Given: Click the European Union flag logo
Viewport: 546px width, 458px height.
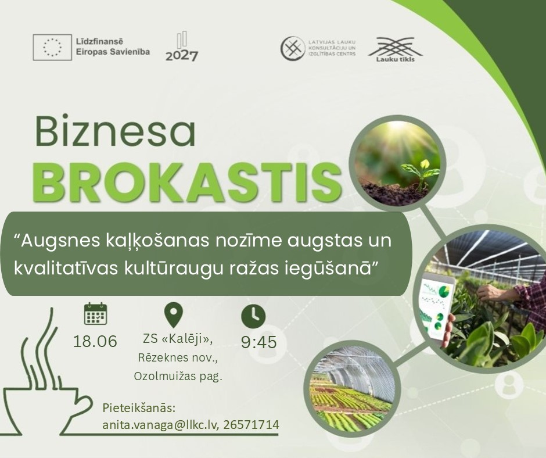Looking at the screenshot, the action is pos(52,48).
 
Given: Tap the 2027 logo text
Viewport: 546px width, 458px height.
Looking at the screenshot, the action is pos(182,56).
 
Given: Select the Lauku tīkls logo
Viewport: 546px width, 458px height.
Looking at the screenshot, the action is pos(395,49).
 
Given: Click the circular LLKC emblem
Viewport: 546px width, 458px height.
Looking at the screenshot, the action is pos(293,48).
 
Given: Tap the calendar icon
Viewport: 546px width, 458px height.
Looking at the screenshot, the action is pos(95,314).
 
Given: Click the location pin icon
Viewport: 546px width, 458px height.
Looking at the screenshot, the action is pos(174,315).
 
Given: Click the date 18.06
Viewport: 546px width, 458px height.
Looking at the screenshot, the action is pos(95,341).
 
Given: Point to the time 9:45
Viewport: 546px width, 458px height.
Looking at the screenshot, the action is pos(258,342).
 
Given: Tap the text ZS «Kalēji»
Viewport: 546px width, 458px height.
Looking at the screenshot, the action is pos(178,339).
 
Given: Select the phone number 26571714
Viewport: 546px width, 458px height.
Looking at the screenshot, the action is pos(251,424).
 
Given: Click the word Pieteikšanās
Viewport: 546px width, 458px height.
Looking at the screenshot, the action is pos(138,408).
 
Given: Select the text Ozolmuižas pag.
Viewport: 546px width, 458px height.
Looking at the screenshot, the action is pos(178,377).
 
